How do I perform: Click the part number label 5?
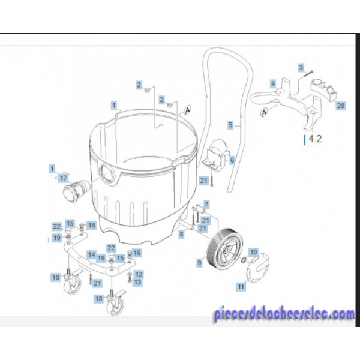pyautogui.click(x=231, y=125)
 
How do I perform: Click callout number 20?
pyautogui.click(x=341, y=106)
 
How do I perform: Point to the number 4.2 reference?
pyautogui.click(x=315, y=139)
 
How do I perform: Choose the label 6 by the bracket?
pyautogui.click(x=232, y=160)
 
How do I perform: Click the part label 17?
pyautogui.click(x=64, y=178)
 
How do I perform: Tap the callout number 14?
pyautogui.click(x=92, y=254)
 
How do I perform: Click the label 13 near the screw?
pyautogui.click(x=137, y=282)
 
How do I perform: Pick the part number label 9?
pyautogui.click(x=200, y=263)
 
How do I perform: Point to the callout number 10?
pyautogui.click(x=254, y=253)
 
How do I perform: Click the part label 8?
pyautogui.click(x=181, y=234)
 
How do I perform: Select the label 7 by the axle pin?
pyautogui.click(x=206, y=204)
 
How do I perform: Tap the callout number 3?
pyautogui.click(x=301, y=67)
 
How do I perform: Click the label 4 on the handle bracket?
pyautogui.click(x=273, y=83)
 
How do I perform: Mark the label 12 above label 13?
pyautogui.click(x=139, y=274)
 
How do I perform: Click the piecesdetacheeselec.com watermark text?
pyautogui.click(x=284, y=314)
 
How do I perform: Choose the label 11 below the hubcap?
pyautogui.click(x=241, y=287)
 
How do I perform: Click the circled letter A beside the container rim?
pyautogui.click(x=188, y=110)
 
